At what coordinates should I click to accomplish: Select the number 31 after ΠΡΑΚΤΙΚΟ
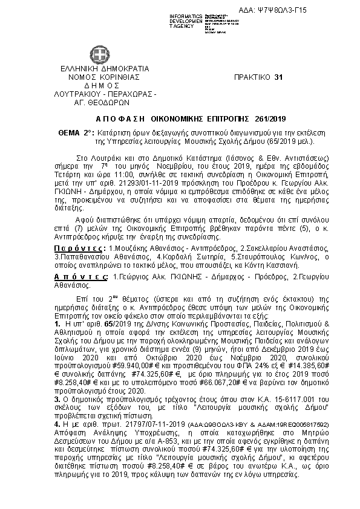click(x=278, y=78)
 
